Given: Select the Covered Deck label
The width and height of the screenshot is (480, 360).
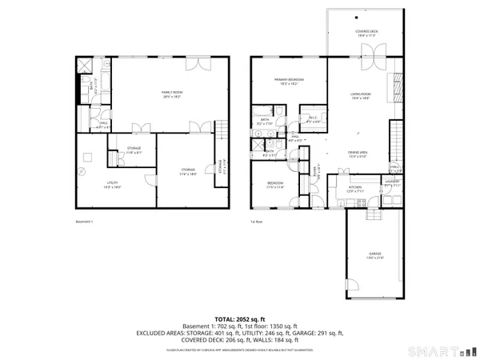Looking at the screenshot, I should click(x=367, y=33).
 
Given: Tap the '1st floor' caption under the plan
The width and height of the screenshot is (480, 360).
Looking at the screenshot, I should click(x=256, y=222).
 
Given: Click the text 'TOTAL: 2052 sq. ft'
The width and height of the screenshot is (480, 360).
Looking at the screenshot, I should click(x=239, y=319).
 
